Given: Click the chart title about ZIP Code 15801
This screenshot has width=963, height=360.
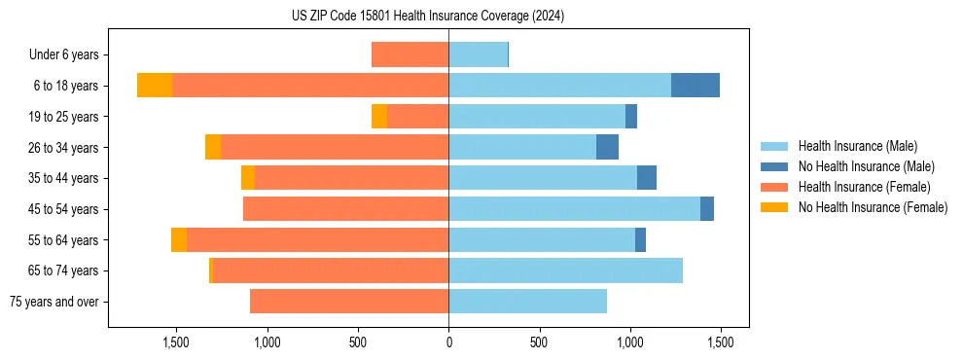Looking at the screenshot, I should coord(428,17).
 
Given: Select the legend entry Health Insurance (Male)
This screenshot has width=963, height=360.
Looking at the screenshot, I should coord(857,146).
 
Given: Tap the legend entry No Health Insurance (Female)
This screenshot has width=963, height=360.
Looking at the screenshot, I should coord(873,207).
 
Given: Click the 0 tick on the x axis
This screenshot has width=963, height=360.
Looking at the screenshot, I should coord(448,342).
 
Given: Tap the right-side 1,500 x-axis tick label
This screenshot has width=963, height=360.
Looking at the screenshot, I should coord(720,342).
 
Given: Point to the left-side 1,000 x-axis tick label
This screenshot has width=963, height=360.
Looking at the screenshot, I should coord(267,342).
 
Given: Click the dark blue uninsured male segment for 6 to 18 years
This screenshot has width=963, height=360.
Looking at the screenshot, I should coord(695,86).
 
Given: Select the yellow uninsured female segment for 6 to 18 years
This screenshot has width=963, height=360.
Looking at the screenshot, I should coord(155,86).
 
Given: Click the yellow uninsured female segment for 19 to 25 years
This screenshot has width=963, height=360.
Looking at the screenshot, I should coord(379,117).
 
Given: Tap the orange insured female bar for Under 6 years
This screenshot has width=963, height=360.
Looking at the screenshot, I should coord(410,55).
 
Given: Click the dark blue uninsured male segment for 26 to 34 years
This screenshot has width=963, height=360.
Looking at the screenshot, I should coord(607,147).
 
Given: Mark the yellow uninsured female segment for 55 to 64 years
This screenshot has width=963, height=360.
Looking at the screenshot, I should coord(179,240).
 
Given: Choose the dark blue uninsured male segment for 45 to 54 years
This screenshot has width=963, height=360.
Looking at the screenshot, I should coord(707,209).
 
